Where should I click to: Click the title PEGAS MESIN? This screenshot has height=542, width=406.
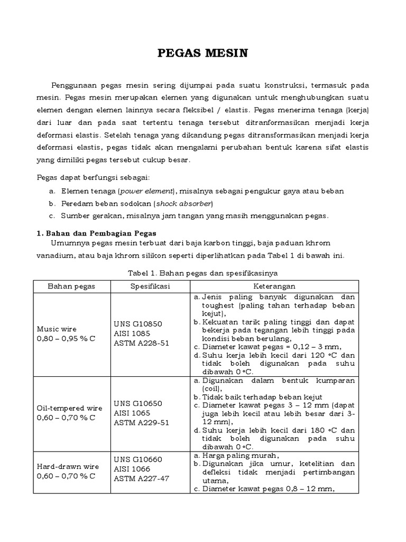pyautogui.click(x=203, y=53)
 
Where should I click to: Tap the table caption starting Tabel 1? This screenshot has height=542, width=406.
pyautogui.click(x=203, y=273)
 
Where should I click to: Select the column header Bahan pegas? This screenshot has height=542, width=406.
pyautogui.click(x=71, y=286)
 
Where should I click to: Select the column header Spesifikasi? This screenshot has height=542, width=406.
pyautogui.click(x=150, y=286)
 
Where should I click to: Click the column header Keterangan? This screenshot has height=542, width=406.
pyautogui.click(x=275, y=286)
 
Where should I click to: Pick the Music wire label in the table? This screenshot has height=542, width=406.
pyautogui.click(x=56, y=329)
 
